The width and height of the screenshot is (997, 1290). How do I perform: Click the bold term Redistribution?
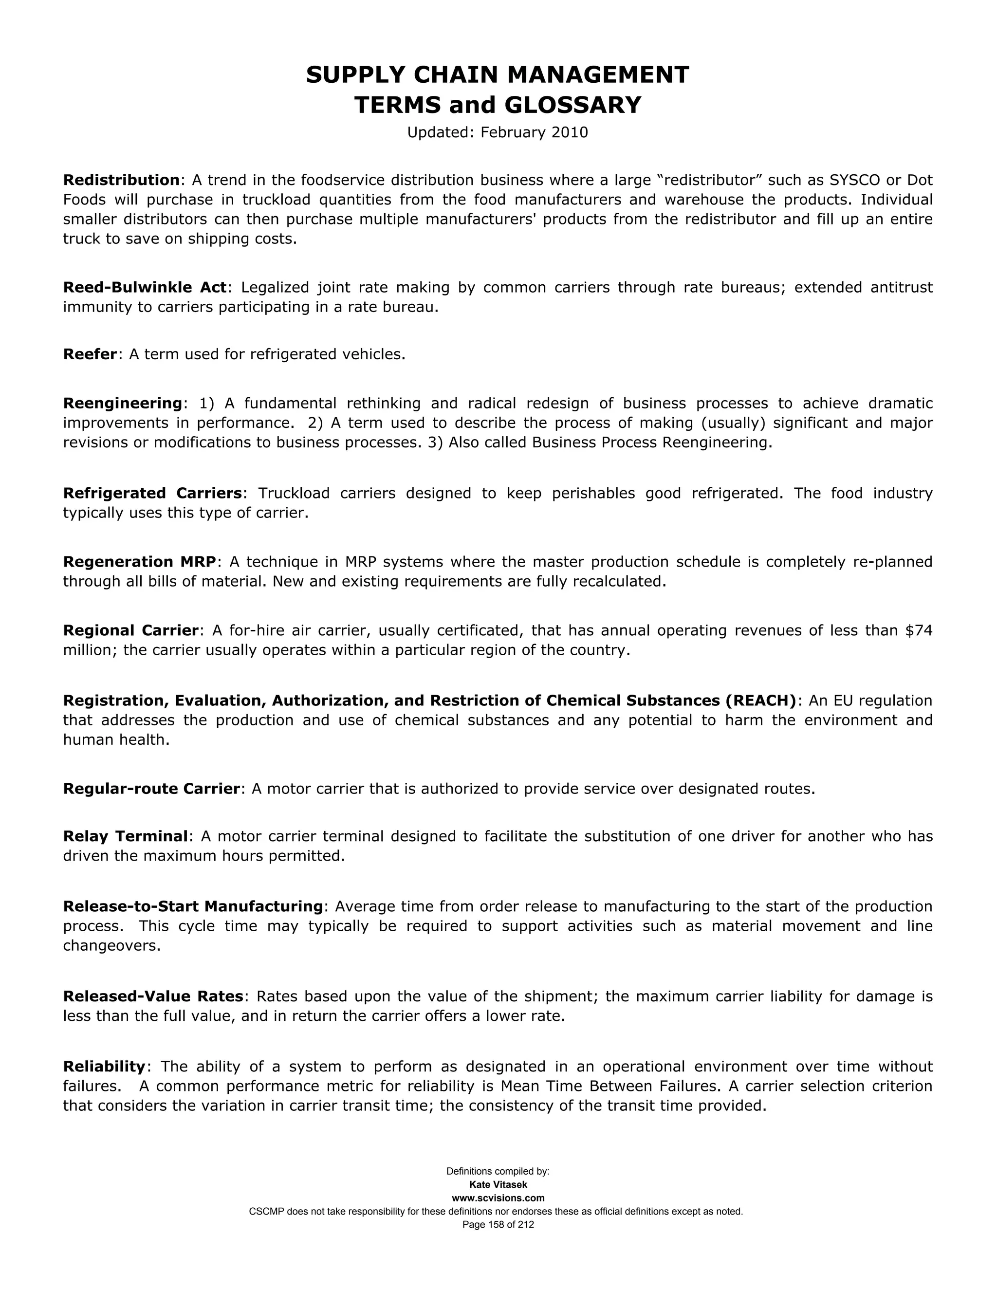coord(121,180)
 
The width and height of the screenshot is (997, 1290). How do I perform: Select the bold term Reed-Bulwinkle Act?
coord(145,288)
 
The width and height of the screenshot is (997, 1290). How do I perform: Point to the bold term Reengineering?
coord(123,404)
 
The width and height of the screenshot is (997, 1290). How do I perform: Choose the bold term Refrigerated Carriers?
coord(152,493)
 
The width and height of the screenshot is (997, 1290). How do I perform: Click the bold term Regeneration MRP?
coord(139,562)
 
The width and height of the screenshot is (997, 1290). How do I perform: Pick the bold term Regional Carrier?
coord(130,631)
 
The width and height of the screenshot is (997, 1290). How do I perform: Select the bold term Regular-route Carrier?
coord(151,789)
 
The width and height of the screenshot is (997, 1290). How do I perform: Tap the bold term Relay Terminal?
coord(125,836)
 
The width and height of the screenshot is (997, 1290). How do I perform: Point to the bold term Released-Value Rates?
coord(153,996)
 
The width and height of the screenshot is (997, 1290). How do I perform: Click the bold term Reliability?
coord(104,1067)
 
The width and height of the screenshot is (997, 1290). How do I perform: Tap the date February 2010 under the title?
coord(534,132)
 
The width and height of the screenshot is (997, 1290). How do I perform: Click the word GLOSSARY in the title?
coord(572,105)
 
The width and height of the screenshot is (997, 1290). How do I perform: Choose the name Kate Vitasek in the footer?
coord(498,1185)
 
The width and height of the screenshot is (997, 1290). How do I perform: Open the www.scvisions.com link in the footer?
coord(498,1198)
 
